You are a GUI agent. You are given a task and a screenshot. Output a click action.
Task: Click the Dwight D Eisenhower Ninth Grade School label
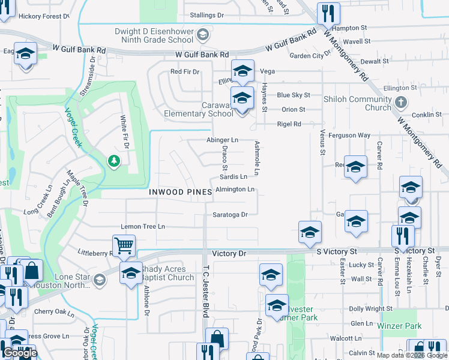155,35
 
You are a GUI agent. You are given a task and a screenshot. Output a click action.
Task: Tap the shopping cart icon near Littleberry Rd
123,245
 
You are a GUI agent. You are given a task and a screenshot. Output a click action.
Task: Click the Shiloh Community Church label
357,103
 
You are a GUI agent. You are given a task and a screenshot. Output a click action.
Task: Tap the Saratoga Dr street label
230,214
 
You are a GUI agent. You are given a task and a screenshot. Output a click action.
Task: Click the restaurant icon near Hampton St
328,13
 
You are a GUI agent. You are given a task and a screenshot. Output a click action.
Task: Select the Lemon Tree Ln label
143,227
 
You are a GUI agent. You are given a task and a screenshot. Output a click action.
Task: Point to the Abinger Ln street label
222,140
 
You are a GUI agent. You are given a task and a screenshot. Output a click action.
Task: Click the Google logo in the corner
20,353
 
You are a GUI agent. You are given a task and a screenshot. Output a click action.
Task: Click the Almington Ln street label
235,190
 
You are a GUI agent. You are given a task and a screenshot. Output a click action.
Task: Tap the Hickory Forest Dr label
40,16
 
